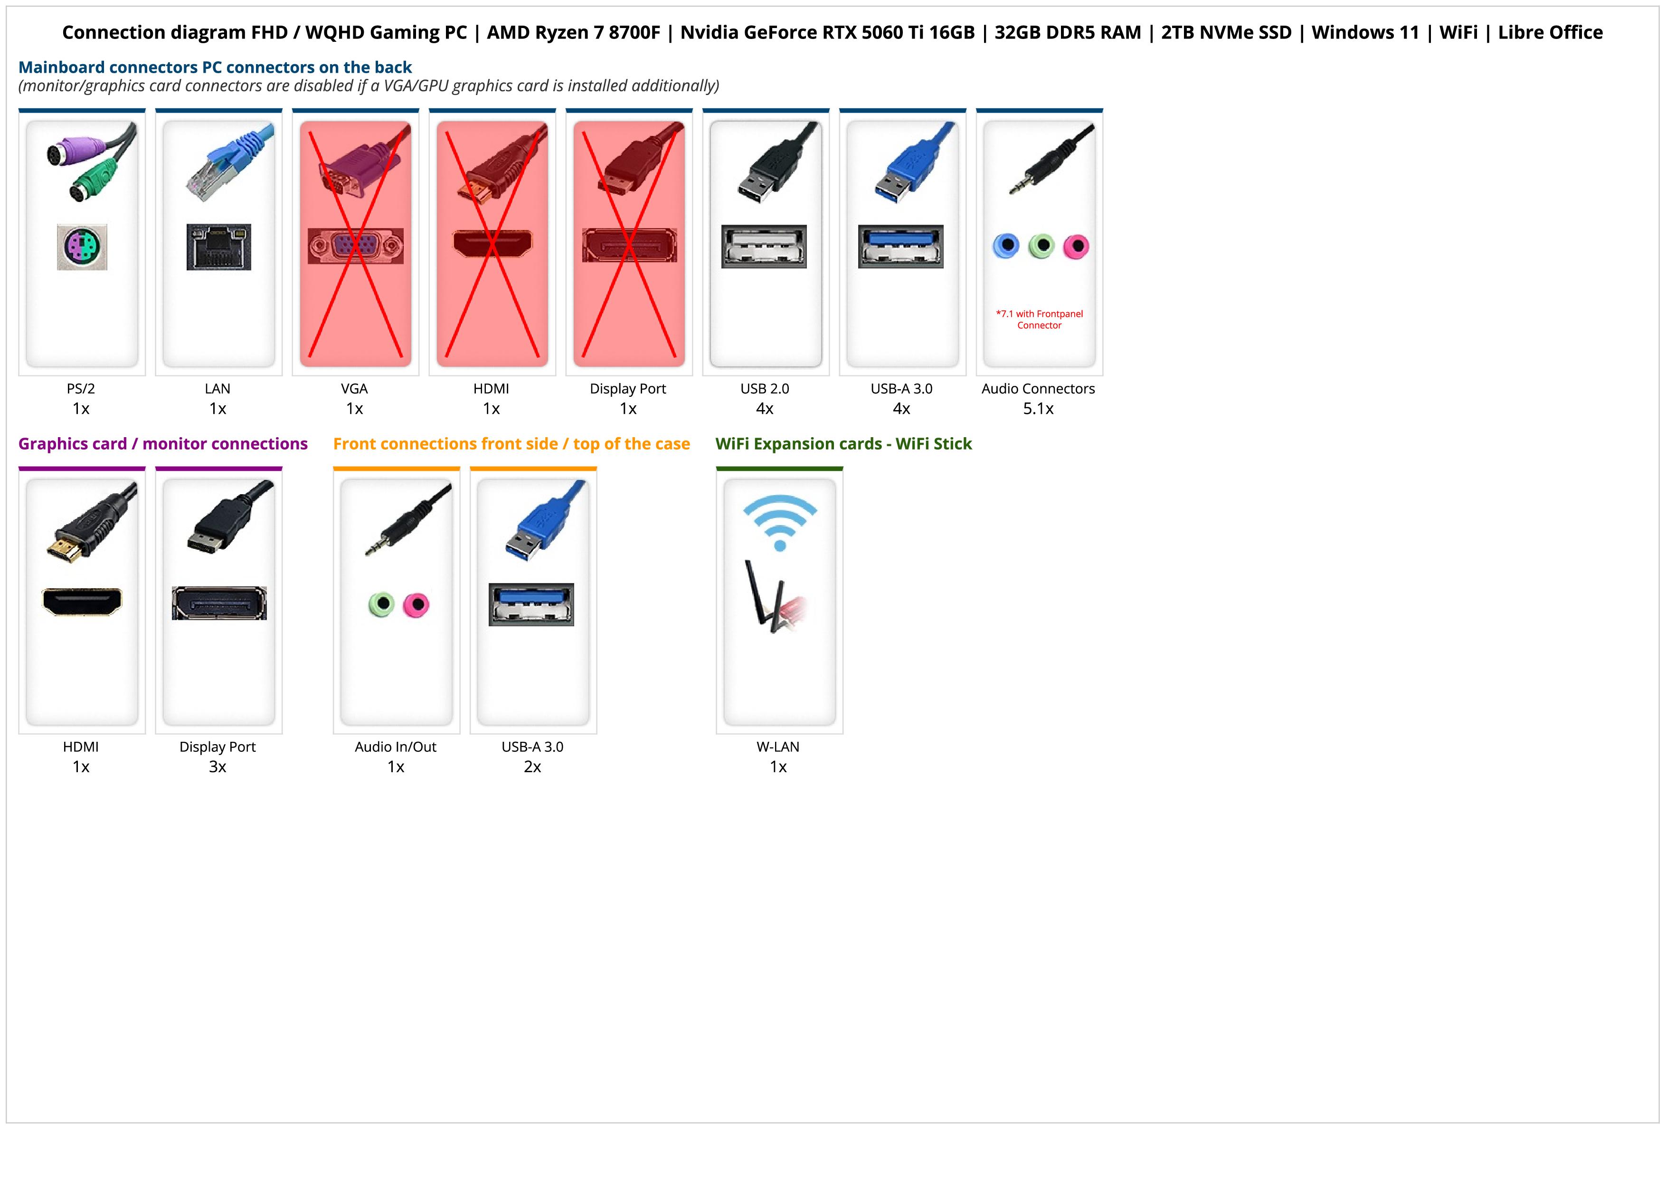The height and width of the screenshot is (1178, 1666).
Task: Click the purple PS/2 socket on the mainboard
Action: (x=82, y=247)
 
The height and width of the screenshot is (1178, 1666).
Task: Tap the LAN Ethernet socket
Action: (x=218, y=247)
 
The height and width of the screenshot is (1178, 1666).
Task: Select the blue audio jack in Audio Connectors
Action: (x=1006, y=246)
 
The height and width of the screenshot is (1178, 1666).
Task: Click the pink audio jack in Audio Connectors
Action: (x=1076, y=247)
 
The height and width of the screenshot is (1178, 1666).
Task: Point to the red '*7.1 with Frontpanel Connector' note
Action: (x=1039, y=319)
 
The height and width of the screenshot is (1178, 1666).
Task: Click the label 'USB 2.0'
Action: (x=764, y=388)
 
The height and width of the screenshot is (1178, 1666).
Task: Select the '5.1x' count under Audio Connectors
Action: (x=1038, y=409)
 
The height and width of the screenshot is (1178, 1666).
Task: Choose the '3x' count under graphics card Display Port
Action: (x=218, y=766)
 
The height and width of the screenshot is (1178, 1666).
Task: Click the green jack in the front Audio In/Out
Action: (x=381, y=604)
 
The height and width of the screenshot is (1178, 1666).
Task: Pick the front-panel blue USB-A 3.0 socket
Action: (x=531, y=604)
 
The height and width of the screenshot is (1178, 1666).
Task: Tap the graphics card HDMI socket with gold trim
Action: (x=82, y=602)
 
